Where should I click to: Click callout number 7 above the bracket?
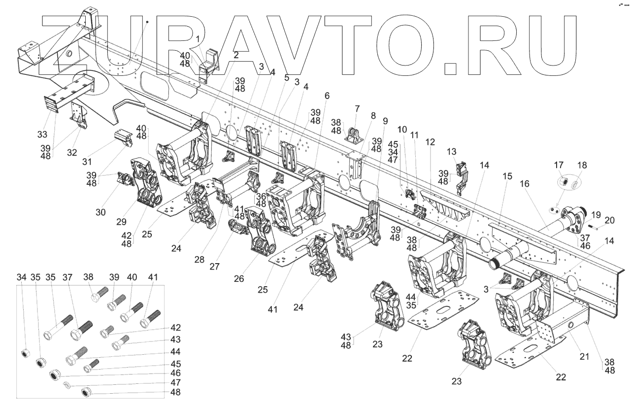357,108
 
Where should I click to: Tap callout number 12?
431,142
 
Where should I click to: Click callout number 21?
584,357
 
